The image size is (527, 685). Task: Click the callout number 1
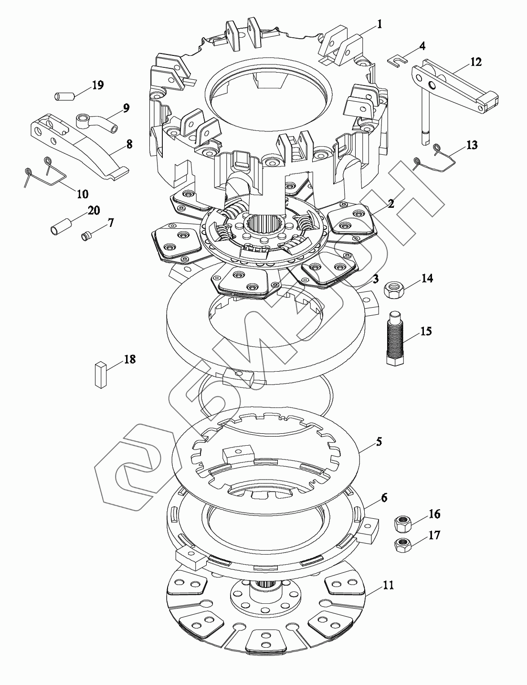(x=380, y=24)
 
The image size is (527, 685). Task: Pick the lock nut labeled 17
(x=404, y=544)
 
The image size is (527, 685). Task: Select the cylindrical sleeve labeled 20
(x=61, y=226)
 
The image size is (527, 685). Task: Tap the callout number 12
(x=476, y=62)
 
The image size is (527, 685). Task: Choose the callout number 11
(x=389, y=585)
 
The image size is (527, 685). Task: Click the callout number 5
(x=379, y=441)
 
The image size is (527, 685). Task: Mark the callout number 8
(x=129, y=144)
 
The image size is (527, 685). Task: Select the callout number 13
(x=472, y=145)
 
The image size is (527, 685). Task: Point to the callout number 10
(x=82, y=193)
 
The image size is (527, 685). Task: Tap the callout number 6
(x=384, y=498)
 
